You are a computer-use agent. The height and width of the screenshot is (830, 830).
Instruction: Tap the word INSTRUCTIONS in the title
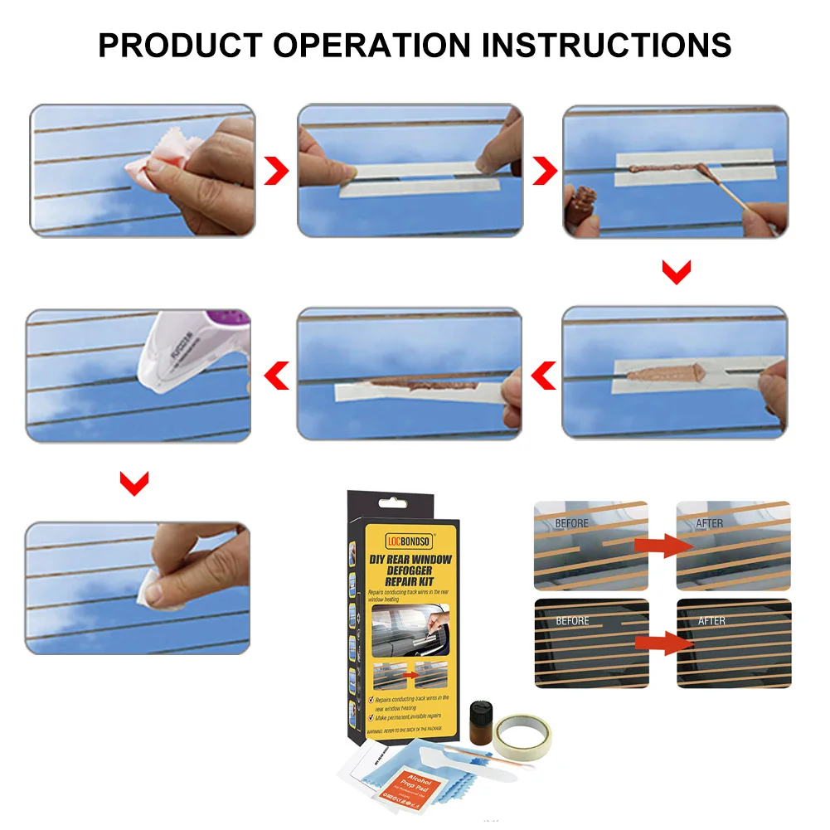[x=608, y=44]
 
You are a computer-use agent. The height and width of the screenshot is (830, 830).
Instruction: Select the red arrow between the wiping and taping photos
[x=277, y=172]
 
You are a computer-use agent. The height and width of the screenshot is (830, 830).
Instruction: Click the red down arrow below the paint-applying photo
[x=677, y=273]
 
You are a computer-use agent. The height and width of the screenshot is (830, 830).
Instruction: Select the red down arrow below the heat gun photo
[x=134, y=483]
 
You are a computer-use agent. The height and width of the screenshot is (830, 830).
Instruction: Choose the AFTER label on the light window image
[x=709, y=523]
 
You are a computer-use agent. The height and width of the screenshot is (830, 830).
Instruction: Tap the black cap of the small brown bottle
[x=480, y=709]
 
